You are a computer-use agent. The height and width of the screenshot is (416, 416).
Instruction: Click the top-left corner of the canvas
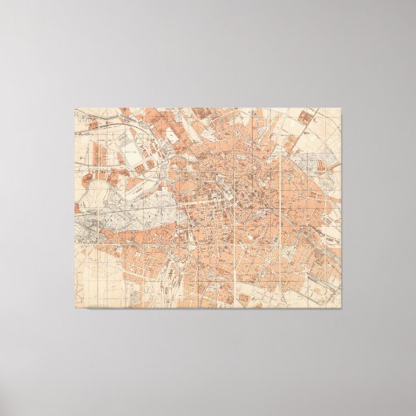coord(75,108)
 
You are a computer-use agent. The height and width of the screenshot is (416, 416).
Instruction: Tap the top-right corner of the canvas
coord(342,108)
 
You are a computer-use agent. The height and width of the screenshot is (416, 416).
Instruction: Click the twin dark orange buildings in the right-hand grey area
coord(323,162)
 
